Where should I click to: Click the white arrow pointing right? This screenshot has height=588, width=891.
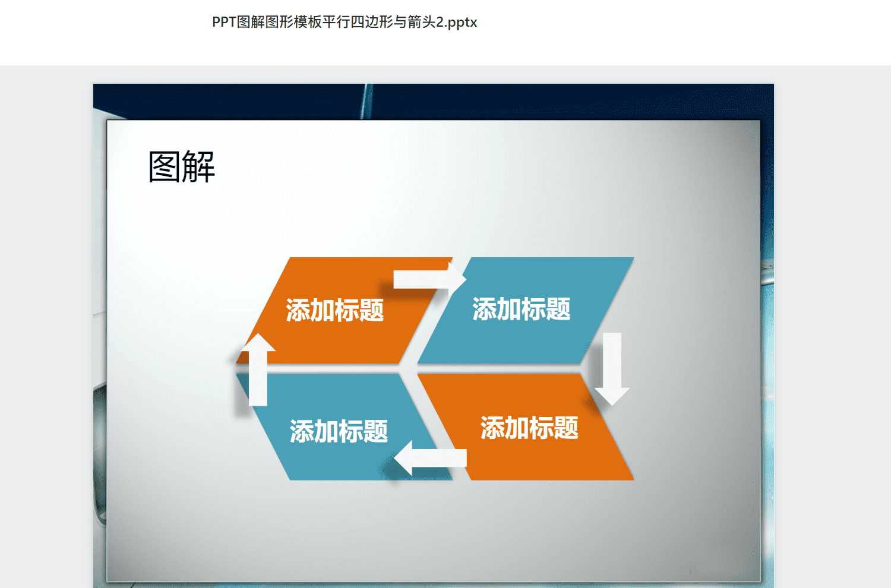pos(429,279)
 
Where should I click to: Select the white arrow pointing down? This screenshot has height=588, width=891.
pos(612,369)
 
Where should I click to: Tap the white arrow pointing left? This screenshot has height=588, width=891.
pos(431,458)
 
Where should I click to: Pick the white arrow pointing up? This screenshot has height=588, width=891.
pos(258,369)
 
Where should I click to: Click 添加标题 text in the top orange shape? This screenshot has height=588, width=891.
pos(335,310)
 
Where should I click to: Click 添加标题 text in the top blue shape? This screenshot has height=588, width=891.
pos(522,309)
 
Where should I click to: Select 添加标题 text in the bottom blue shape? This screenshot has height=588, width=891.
pos(339,431)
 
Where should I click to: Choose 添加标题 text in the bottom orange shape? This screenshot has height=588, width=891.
pos(529,428)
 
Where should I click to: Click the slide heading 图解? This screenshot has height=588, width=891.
pos(182,167)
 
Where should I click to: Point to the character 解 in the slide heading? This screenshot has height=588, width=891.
pos(199,167)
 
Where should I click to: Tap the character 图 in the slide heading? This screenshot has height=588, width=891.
pos(165,167)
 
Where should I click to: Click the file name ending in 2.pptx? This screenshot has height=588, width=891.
pos(345,22)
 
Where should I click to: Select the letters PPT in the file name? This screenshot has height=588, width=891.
pos(225,22)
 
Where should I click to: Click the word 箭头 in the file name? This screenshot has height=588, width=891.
pos(421,22)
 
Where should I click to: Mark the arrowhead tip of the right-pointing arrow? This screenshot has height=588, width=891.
pos(466,279)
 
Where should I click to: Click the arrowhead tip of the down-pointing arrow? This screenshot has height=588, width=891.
pos(612,406)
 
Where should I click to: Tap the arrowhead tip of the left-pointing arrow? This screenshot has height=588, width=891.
pos(394,458)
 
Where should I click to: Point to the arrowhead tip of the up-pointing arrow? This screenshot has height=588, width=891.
pos(258,333)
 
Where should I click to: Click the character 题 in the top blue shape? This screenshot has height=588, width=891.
pos(558,309)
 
